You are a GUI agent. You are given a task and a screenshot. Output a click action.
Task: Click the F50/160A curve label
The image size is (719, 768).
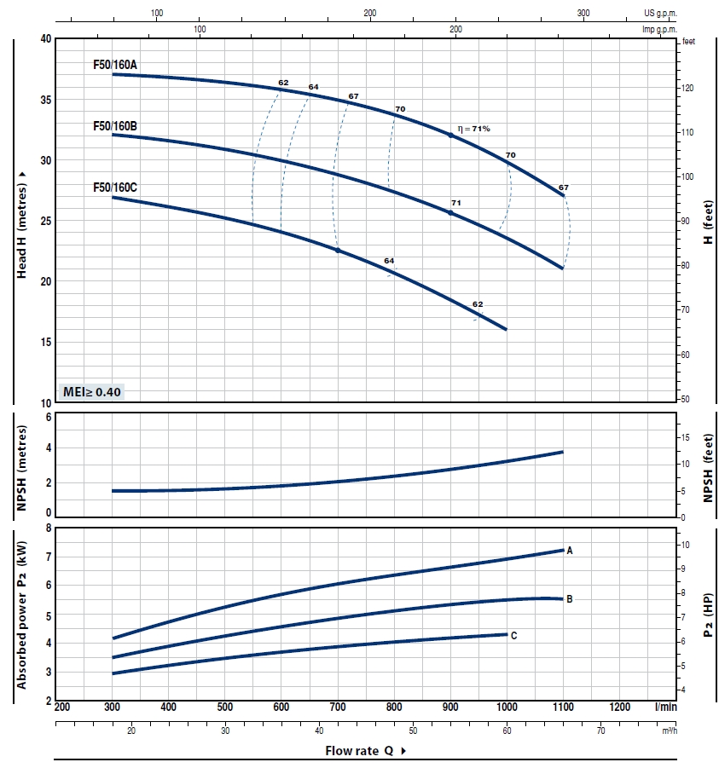(x=115, y=64)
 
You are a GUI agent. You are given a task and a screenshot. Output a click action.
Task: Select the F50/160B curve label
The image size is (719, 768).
(x=115, y=126)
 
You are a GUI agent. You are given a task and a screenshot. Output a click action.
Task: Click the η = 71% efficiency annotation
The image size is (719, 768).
(x=474, y=128)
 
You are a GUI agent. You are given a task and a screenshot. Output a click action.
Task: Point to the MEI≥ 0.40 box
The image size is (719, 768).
(x=93, y=392)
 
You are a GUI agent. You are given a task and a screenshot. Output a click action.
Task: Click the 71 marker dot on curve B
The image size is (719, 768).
(x=451, y=212)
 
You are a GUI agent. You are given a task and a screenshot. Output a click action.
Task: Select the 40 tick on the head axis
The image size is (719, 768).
(x=46, y=39)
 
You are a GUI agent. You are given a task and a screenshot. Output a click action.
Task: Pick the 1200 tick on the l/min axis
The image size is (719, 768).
(x=620, y=707)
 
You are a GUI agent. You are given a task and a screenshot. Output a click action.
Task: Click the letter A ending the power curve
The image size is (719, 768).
(x=569, y=551)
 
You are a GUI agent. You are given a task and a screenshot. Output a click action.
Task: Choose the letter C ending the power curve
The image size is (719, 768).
(x=513, y=635)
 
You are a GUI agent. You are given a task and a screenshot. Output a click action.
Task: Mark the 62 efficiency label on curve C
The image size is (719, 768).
(x=478, y=304)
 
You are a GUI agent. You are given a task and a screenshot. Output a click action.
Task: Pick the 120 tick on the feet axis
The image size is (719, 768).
(x=687, y=88)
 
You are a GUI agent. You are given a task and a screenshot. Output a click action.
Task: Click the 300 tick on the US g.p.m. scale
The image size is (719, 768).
(x=583, y=14)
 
